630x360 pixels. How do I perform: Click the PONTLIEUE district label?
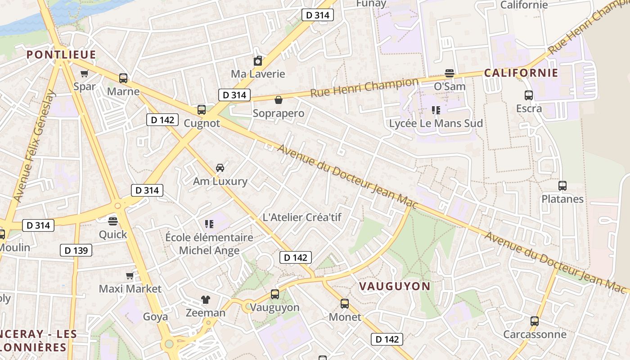coord(61,55)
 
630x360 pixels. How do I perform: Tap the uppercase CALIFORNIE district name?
coord(521,73)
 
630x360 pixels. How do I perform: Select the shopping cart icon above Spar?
coord(84,73)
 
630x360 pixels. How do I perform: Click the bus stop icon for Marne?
coord(123,78)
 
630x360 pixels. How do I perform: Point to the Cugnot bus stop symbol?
coord(202,110)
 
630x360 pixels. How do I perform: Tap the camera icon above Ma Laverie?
coord(258,61)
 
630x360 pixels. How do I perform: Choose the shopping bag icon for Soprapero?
coord(279,100)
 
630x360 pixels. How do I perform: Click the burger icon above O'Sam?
coord(449,73)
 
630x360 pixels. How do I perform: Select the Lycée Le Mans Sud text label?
coord(436,123)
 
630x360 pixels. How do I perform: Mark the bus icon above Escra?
coord(529,95)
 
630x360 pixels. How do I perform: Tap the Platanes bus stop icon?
coord(562,186)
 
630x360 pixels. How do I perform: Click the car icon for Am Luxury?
coord(220,168)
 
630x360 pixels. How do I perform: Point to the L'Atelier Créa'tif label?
coord(302,217)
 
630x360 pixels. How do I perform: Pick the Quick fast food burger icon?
coord(113,221)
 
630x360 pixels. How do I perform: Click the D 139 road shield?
coord(76,250)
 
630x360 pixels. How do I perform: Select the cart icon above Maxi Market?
coord(130,275)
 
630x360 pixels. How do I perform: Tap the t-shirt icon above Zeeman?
coord(206,299)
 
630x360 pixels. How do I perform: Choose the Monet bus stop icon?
coord(345,304)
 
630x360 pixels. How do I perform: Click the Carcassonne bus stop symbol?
coord(535,321)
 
